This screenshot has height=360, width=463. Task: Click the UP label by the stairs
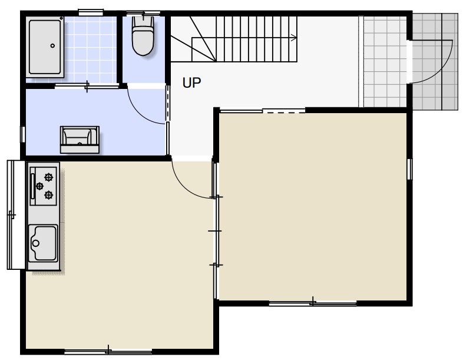(x=191, y=82)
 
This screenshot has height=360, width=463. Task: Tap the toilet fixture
(x=143, y=36)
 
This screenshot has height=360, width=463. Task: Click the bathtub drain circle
(x=52, y=46)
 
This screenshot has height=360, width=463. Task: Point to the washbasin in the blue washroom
(x=80, y=140)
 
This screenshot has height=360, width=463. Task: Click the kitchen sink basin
(x=43, y=243)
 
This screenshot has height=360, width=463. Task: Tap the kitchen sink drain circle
(x=36, y=243)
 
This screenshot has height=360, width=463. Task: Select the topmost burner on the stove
(x=48, y=177)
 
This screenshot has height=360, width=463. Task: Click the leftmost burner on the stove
(x=39, y=186)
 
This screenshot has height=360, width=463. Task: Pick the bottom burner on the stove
(x=48, y=195)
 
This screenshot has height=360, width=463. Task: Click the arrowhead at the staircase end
(x=294, y=38)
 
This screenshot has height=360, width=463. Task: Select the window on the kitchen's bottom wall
(x=108, y=351)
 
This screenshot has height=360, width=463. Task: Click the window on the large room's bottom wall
(x=313, y=303)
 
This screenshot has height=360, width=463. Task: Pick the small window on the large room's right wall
(x=409, y=169)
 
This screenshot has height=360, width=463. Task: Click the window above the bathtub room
(x=91, y=12)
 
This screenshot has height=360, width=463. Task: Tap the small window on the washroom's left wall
(x=23, y=134)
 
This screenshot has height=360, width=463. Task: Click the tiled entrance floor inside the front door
(x=385, y=61)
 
